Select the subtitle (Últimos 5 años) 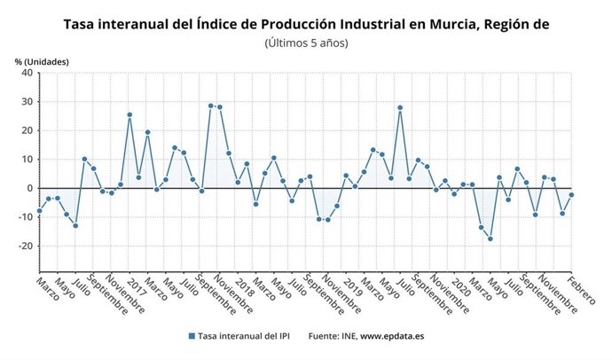point(306,43)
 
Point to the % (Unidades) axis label point(40,61)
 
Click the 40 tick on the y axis point(27,73)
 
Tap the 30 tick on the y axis point(27,102)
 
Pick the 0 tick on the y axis point(29,188)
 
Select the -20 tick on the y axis point(25,246)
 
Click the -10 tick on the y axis point(25,217)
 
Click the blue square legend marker point(191,337)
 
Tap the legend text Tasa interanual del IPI point(245,337)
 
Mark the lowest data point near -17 point(490,239)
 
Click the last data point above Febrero point(571,194)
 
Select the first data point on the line point(39,211)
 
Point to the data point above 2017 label point(129,114)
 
